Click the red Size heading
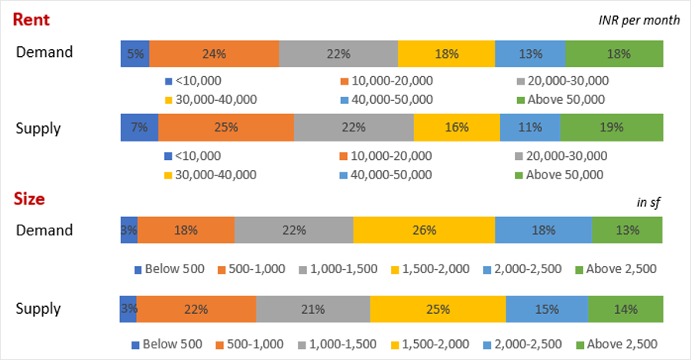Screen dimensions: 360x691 click(x=29, y=199)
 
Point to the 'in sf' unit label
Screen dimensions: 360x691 click(x=649, y=202)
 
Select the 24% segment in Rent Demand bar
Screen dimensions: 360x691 click(x=214, y=54)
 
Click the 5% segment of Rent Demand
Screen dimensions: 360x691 click(x=135, y=54)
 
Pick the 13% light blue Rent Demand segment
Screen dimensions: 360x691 click(x=530, y=54)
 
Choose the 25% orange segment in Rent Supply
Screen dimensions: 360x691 click(x=225, y=127)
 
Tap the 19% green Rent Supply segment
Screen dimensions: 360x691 click(x=611, y=127)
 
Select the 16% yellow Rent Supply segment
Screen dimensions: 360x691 click(x=456, y=127)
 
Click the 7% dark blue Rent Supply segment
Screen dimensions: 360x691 click(x=139, y=127)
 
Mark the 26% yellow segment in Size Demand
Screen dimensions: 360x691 click(x=424, y=230)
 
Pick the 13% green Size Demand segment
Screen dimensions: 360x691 click(x=626, y=230)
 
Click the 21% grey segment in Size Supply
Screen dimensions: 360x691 click(x=313, y=309)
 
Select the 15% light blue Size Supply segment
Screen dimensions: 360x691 click(x=546, y=309)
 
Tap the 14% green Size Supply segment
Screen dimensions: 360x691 click(x=625, y=309)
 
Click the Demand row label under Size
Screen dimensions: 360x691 click(x=45, y=230)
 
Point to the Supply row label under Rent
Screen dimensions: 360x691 click(x=38, y=128)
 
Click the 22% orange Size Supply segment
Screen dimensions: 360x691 click(x=196, y=309)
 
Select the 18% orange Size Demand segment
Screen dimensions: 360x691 click(x=186, y=230)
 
